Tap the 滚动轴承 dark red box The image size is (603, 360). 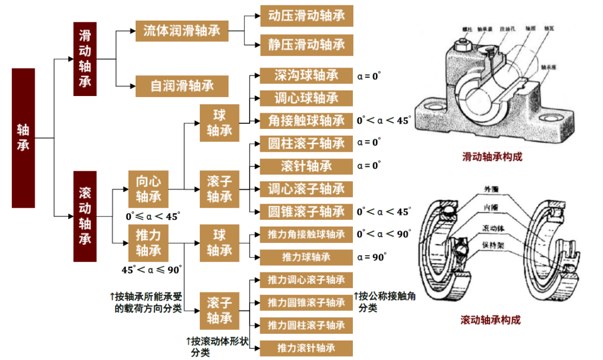click(85, 216)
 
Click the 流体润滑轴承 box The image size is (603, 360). click(182, 31)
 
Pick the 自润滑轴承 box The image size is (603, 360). click(182, 86)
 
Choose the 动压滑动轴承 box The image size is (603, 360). click(307, 16)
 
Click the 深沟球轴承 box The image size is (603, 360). click(307, 75)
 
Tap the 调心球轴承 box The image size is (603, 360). click(307, 98)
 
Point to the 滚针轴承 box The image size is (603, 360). click(307, 166)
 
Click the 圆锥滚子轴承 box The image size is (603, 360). click(307, 212)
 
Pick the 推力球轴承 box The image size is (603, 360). click(307, 257)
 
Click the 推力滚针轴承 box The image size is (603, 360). click(307, 348)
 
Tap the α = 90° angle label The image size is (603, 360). click(372, 257)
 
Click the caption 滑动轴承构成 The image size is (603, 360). click(492, 157)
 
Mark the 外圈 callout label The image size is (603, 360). click(493, 189)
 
